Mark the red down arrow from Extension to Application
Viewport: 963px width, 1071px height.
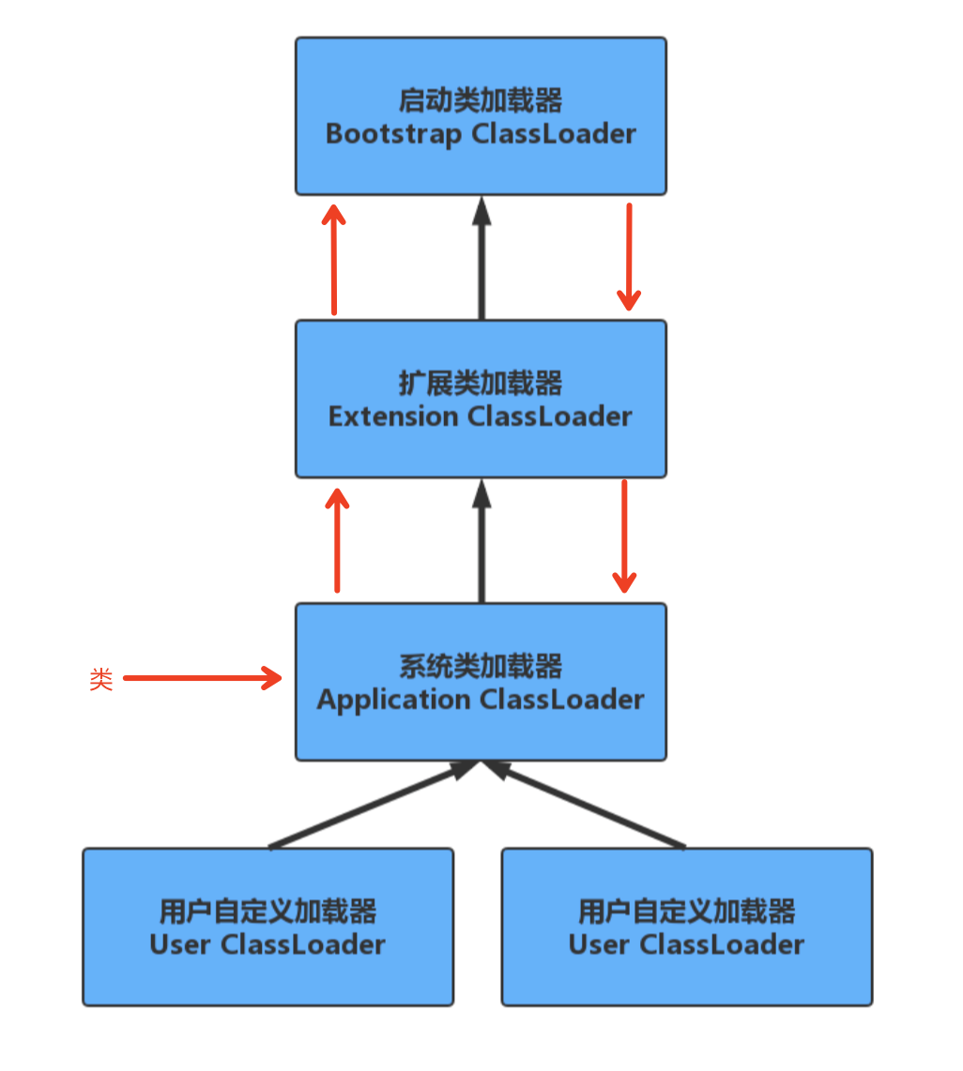click(x=624, y=536)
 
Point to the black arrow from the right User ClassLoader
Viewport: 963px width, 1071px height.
click(x=586, y=807)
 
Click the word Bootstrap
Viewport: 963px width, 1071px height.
click(x=393, y=134)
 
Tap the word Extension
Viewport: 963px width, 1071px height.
click(x=393, y=416)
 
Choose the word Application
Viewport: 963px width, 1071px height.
click(x=394, y=701)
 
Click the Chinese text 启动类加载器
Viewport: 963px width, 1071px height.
click(x=481, y=100)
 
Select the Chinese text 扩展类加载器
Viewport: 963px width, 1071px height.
click(x=481, y=383)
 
